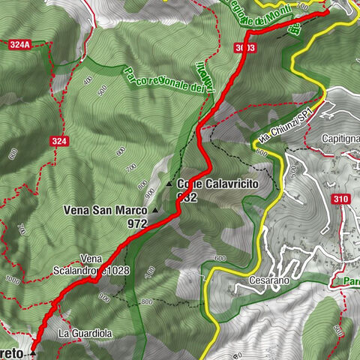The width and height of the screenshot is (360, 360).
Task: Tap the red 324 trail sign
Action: coord(59,141)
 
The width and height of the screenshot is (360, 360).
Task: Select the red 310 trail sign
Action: coord(340,199)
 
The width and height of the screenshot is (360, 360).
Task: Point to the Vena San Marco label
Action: coord(105,211)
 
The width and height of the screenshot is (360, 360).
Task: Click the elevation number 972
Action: coord(137,223)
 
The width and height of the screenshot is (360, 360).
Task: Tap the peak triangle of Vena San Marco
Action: coord(156,211)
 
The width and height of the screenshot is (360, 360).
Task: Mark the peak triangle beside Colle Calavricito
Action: coord(169,184)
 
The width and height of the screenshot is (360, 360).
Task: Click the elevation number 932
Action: coord(186,196)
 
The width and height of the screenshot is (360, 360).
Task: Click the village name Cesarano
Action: coord(266,281)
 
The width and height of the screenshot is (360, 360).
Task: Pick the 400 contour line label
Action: coord(88,79)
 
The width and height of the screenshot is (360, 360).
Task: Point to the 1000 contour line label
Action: coord(13,278)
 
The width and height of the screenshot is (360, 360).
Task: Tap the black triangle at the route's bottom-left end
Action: coord(33,351)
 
